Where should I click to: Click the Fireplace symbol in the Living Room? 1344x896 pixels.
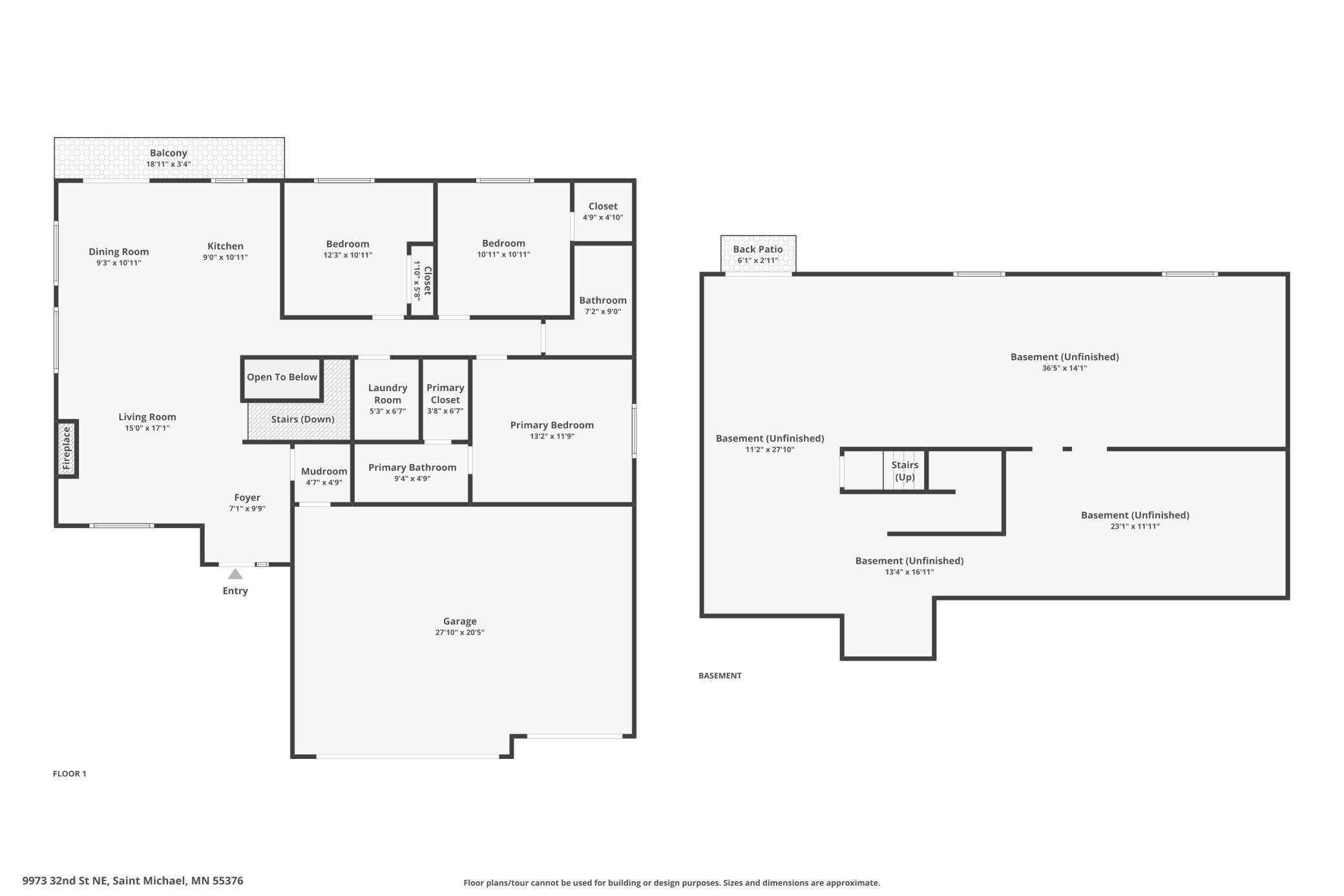(x=67, y=449)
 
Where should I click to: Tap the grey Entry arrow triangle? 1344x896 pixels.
(x=235, y=574)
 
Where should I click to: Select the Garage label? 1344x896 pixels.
(x=459, y=621)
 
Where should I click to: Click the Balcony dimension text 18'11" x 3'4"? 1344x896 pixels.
(x=168, y=164)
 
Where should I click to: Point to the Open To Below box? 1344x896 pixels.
(x=282, y=378)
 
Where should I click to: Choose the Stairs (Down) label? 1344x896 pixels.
(x=302, y=420)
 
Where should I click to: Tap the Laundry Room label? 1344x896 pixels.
(x=388, y=394)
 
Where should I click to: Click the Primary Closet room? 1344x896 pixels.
(x=445, y=399)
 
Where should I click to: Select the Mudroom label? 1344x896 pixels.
(x=324, y=471)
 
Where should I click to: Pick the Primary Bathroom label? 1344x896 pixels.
(x=412, y=467)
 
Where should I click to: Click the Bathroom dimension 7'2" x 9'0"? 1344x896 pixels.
(x=603, y=312)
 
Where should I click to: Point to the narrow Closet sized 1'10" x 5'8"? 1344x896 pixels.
(x=423, y=280)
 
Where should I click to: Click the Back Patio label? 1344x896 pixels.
(x=758, y=249)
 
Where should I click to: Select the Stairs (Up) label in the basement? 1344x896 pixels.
(x=905, y=471)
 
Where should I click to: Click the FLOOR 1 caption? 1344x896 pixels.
(x=69, y=774)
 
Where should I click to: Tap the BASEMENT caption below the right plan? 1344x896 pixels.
(x=720, y=676)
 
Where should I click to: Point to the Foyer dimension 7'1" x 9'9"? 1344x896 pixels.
(x=247, y=509)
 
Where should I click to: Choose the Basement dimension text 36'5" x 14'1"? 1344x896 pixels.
(x=1064, y=368)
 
